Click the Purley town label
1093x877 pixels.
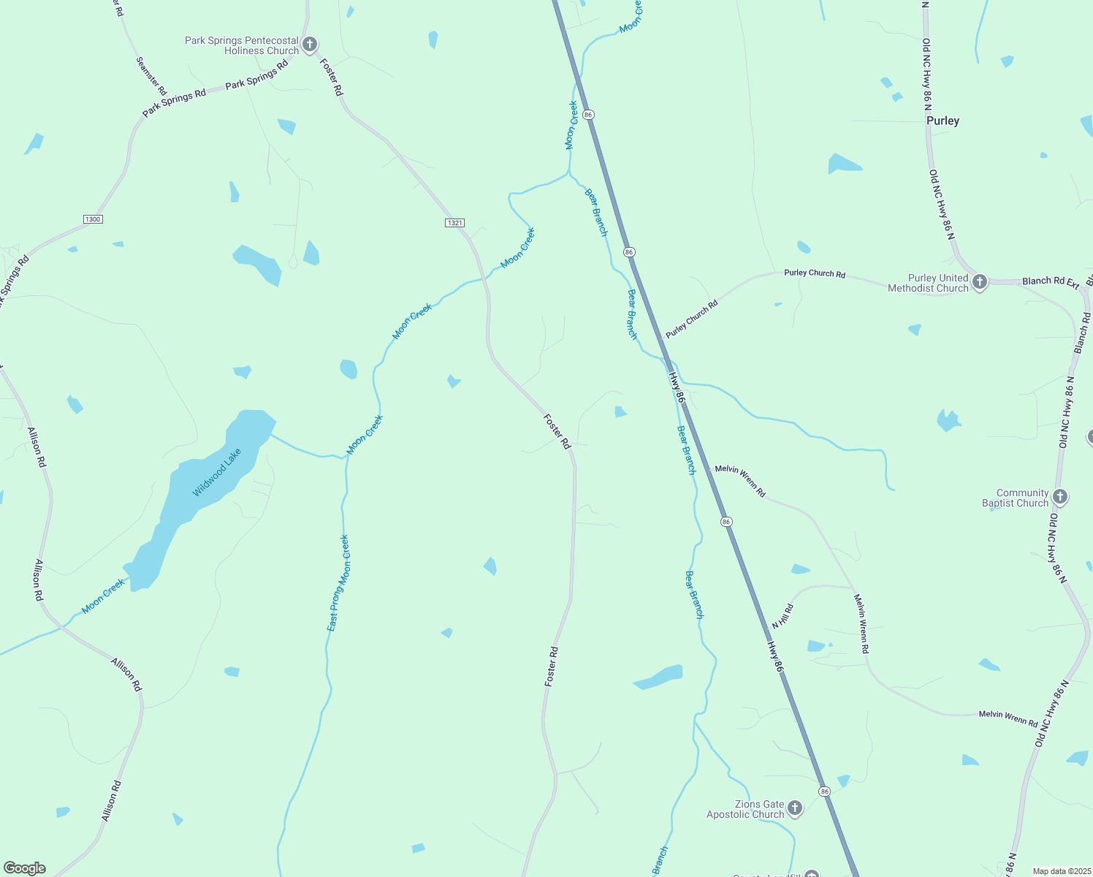[942, 121]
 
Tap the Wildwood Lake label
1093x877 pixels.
[216, 473]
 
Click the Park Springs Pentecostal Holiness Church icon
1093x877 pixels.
[310, 45]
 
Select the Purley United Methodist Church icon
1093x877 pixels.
[980, 282]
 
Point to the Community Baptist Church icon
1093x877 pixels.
[1060, 497]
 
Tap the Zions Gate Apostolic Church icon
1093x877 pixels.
[795, 808]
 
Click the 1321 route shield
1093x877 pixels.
[454, 222]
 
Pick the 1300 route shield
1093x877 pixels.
[93, 219]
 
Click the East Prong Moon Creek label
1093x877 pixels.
[338, 583]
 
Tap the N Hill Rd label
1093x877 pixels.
[782, 616]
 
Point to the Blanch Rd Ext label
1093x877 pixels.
[1050, 281]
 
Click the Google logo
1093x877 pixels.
[25, 868]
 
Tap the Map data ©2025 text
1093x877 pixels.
[1061, 871]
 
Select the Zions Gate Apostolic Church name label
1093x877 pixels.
[745, 809]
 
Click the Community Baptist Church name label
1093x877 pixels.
[1015, 498]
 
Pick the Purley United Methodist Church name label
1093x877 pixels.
[928, 283]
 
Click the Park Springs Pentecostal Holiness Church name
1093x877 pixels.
[242, 45]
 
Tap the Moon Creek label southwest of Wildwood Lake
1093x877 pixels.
[103, 596]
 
